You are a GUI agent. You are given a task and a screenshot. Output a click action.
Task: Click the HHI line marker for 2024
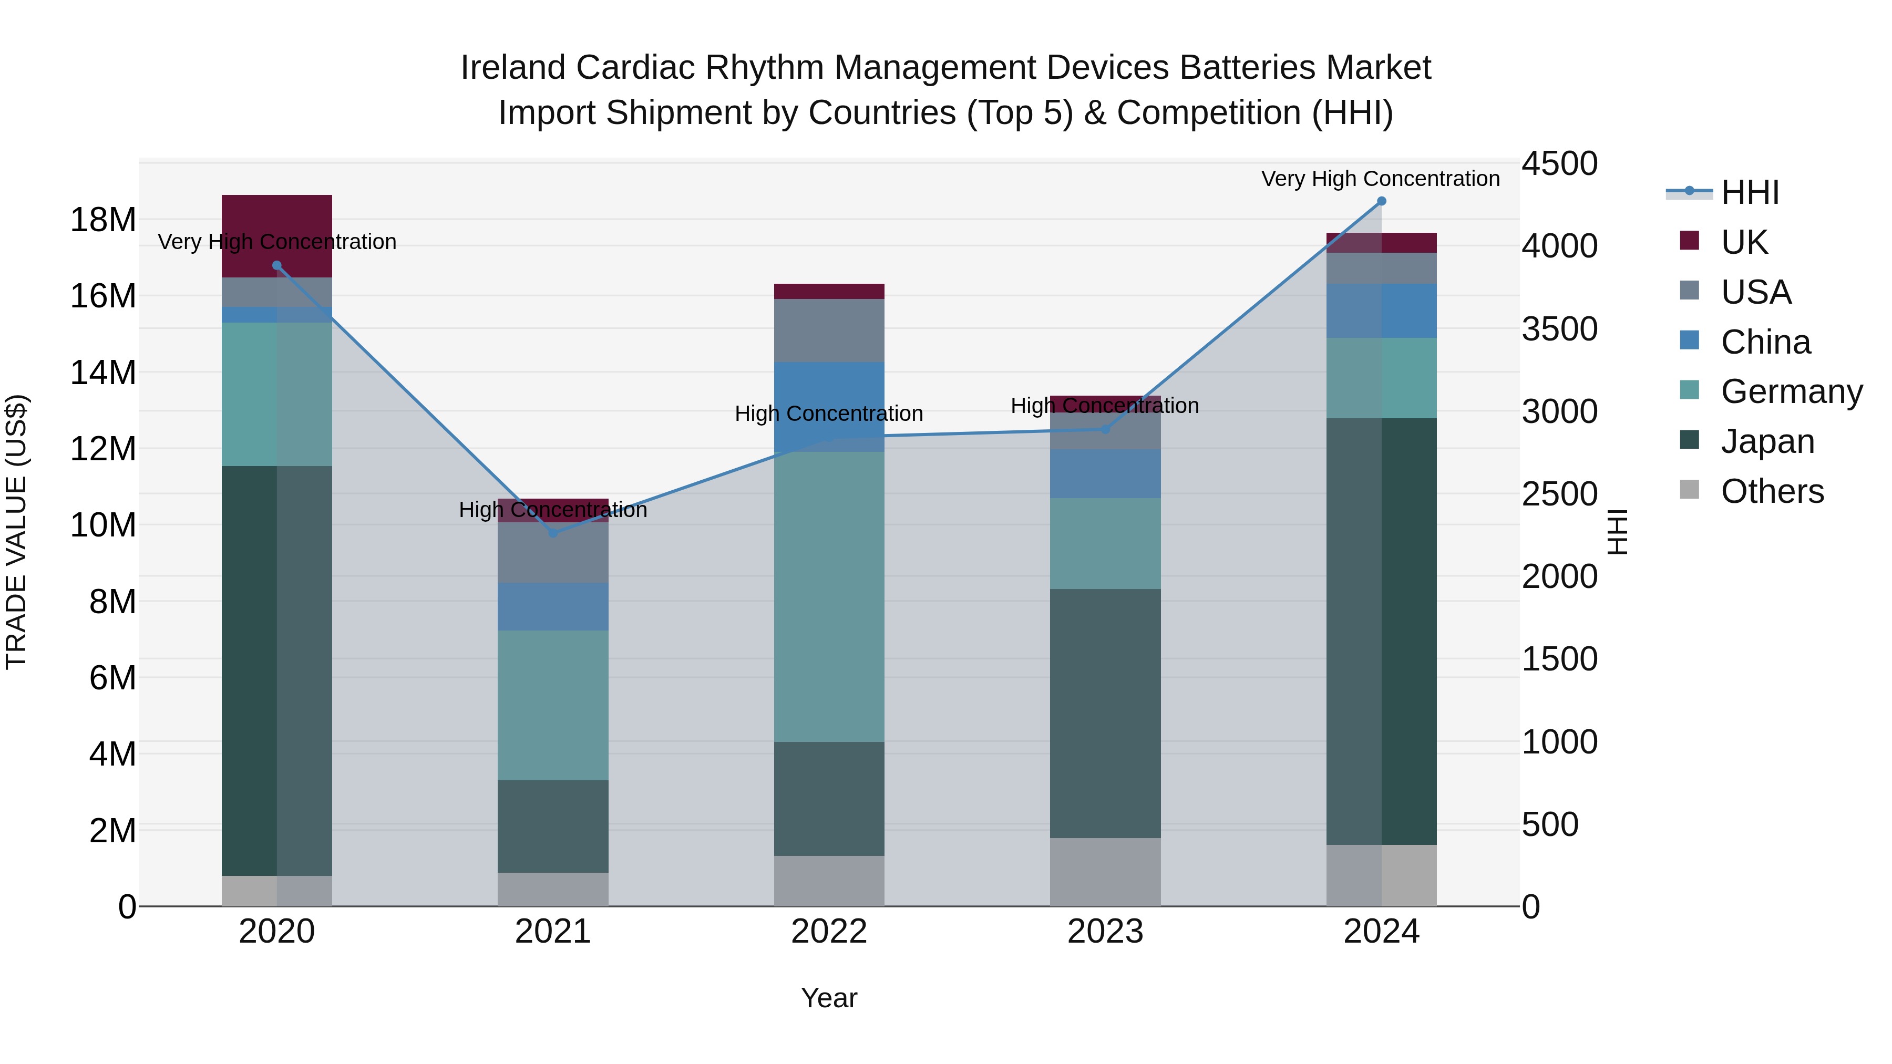(1381, 201)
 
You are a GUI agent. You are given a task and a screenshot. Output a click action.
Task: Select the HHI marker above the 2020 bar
(277, 266)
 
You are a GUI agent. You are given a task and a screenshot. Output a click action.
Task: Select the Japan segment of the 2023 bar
(1105, 712)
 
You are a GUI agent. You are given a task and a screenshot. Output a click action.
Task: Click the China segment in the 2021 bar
(553, 606)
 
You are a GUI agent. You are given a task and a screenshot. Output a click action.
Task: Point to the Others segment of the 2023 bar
(1105, 872)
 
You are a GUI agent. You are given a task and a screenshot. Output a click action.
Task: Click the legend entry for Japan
(1767, 441)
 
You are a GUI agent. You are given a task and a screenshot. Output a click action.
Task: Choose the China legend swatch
(1689, 340)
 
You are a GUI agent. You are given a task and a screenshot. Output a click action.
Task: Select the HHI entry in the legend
(1750, 192)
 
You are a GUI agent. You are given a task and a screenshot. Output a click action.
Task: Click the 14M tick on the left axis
(103, 373)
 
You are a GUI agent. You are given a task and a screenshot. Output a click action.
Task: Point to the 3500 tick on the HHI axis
(1559, 329)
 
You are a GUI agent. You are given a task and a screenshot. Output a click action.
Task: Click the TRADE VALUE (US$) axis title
(16, 532)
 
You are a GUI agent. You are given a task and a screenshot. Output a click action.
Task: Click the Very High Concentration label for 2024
(1380, 179)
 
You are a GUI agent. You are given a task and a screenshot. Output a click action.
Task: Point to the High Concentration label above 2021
(553, 510)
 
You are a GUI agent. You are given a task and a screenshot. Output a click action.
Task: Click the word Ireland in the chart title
(513, 68)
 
